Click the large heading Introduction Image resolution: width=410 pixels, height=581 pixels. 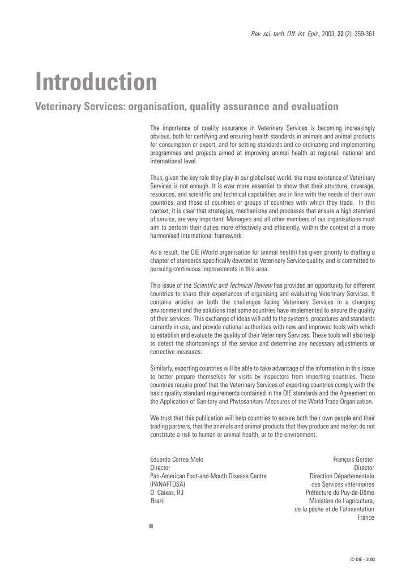coord(96,83)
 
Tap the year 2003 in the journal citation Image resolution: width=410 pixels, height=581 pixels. coord(328,35)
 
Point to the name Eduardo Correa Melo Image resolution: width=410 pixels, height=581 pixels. coord(177,459)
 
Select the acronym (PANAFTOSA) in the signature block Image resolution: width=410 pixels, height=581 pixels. coord(168,484)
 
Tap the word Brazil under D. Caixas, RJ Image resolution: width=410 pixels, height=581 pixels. coord(158,501)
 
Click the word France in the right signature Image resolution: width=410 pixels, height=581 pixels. coord(366,517)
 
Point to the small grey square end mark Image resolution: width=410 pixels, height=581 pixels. coord(151,526)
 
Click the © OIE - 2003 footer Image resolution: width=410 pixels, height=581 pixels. coord(362,559)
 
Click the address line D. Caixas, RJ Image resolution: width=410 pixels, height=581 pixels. coord(166,492)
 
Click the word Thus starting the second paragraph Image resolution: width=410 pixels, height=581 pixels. coord(156,178)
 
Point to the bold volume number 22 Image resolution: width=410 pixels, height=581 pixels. coord(340,35)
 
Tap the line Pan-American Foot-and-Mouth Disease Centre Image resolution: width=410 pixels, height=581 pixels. coord(208,475)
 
